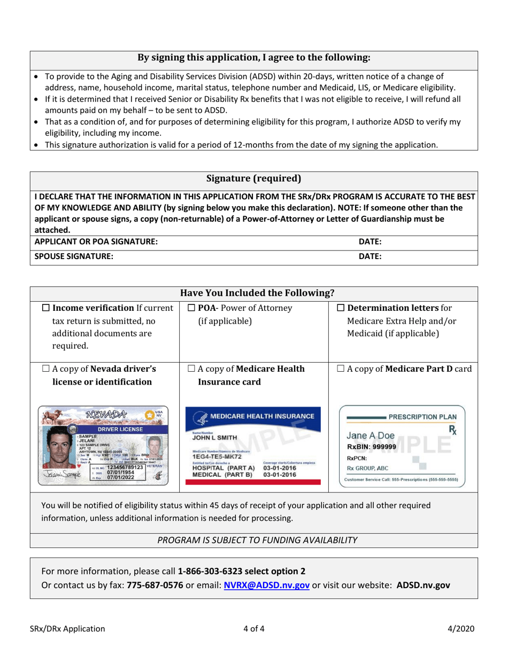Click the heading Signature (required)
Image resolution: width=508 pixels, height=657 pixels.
coord(253,178)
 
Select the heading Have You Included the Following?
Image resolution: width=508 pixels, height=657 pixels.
coord(253,293)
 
